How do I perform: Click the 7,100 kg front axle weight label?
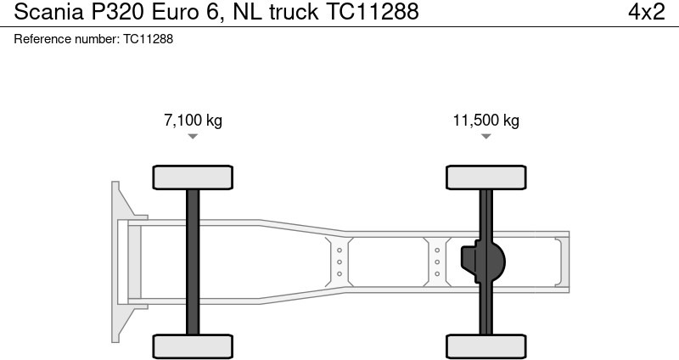[193, 121]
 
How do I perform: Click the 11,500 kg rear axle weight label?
[485, 121]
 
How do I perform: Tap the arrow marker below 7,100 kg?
[193, 136]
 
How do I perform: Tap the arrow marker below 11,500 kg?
[485, 136]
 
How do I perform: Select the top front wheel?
[193, 177]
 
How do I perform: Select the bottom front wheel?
[193, 346]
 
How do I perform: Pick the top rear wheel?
[485, 177]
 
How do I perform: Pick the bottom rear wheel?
[485, 346]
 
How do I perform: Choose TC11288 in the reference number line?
[148, 39]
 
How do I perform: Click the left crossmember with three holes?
[339, 262]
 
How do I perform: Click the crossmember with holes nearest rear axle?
[437, 262]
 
